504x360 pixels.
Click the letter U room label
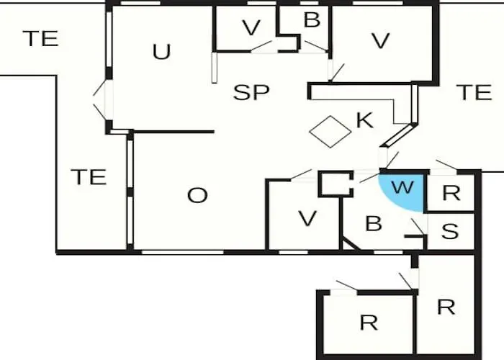161,52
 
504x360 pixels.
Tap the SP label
251,92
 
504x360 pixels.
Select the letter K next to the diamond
365,120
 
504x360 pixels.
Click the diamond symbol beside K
330,132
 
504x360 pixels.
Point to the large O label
197,195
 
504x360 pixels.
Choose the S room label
450,231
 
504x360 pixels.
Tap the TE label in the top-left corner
41,38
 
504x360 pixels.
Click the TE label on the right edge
474,92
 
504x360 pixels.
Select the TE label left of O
89,177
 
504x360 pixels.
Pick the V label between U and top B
251,27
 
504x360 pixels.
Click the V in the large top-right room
381,40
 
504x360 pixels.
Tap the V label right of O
307,219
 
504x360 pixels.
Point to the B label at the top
312,19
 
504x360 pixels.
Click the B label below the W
374,223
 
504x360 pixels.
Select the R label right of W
451,193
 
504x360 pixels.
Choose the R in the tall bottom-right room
446,307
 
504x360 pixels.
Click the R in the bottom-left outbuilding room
369,323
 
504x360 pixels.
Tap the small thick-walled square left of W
336,184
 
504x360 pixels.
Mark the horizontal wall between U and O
174,132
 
